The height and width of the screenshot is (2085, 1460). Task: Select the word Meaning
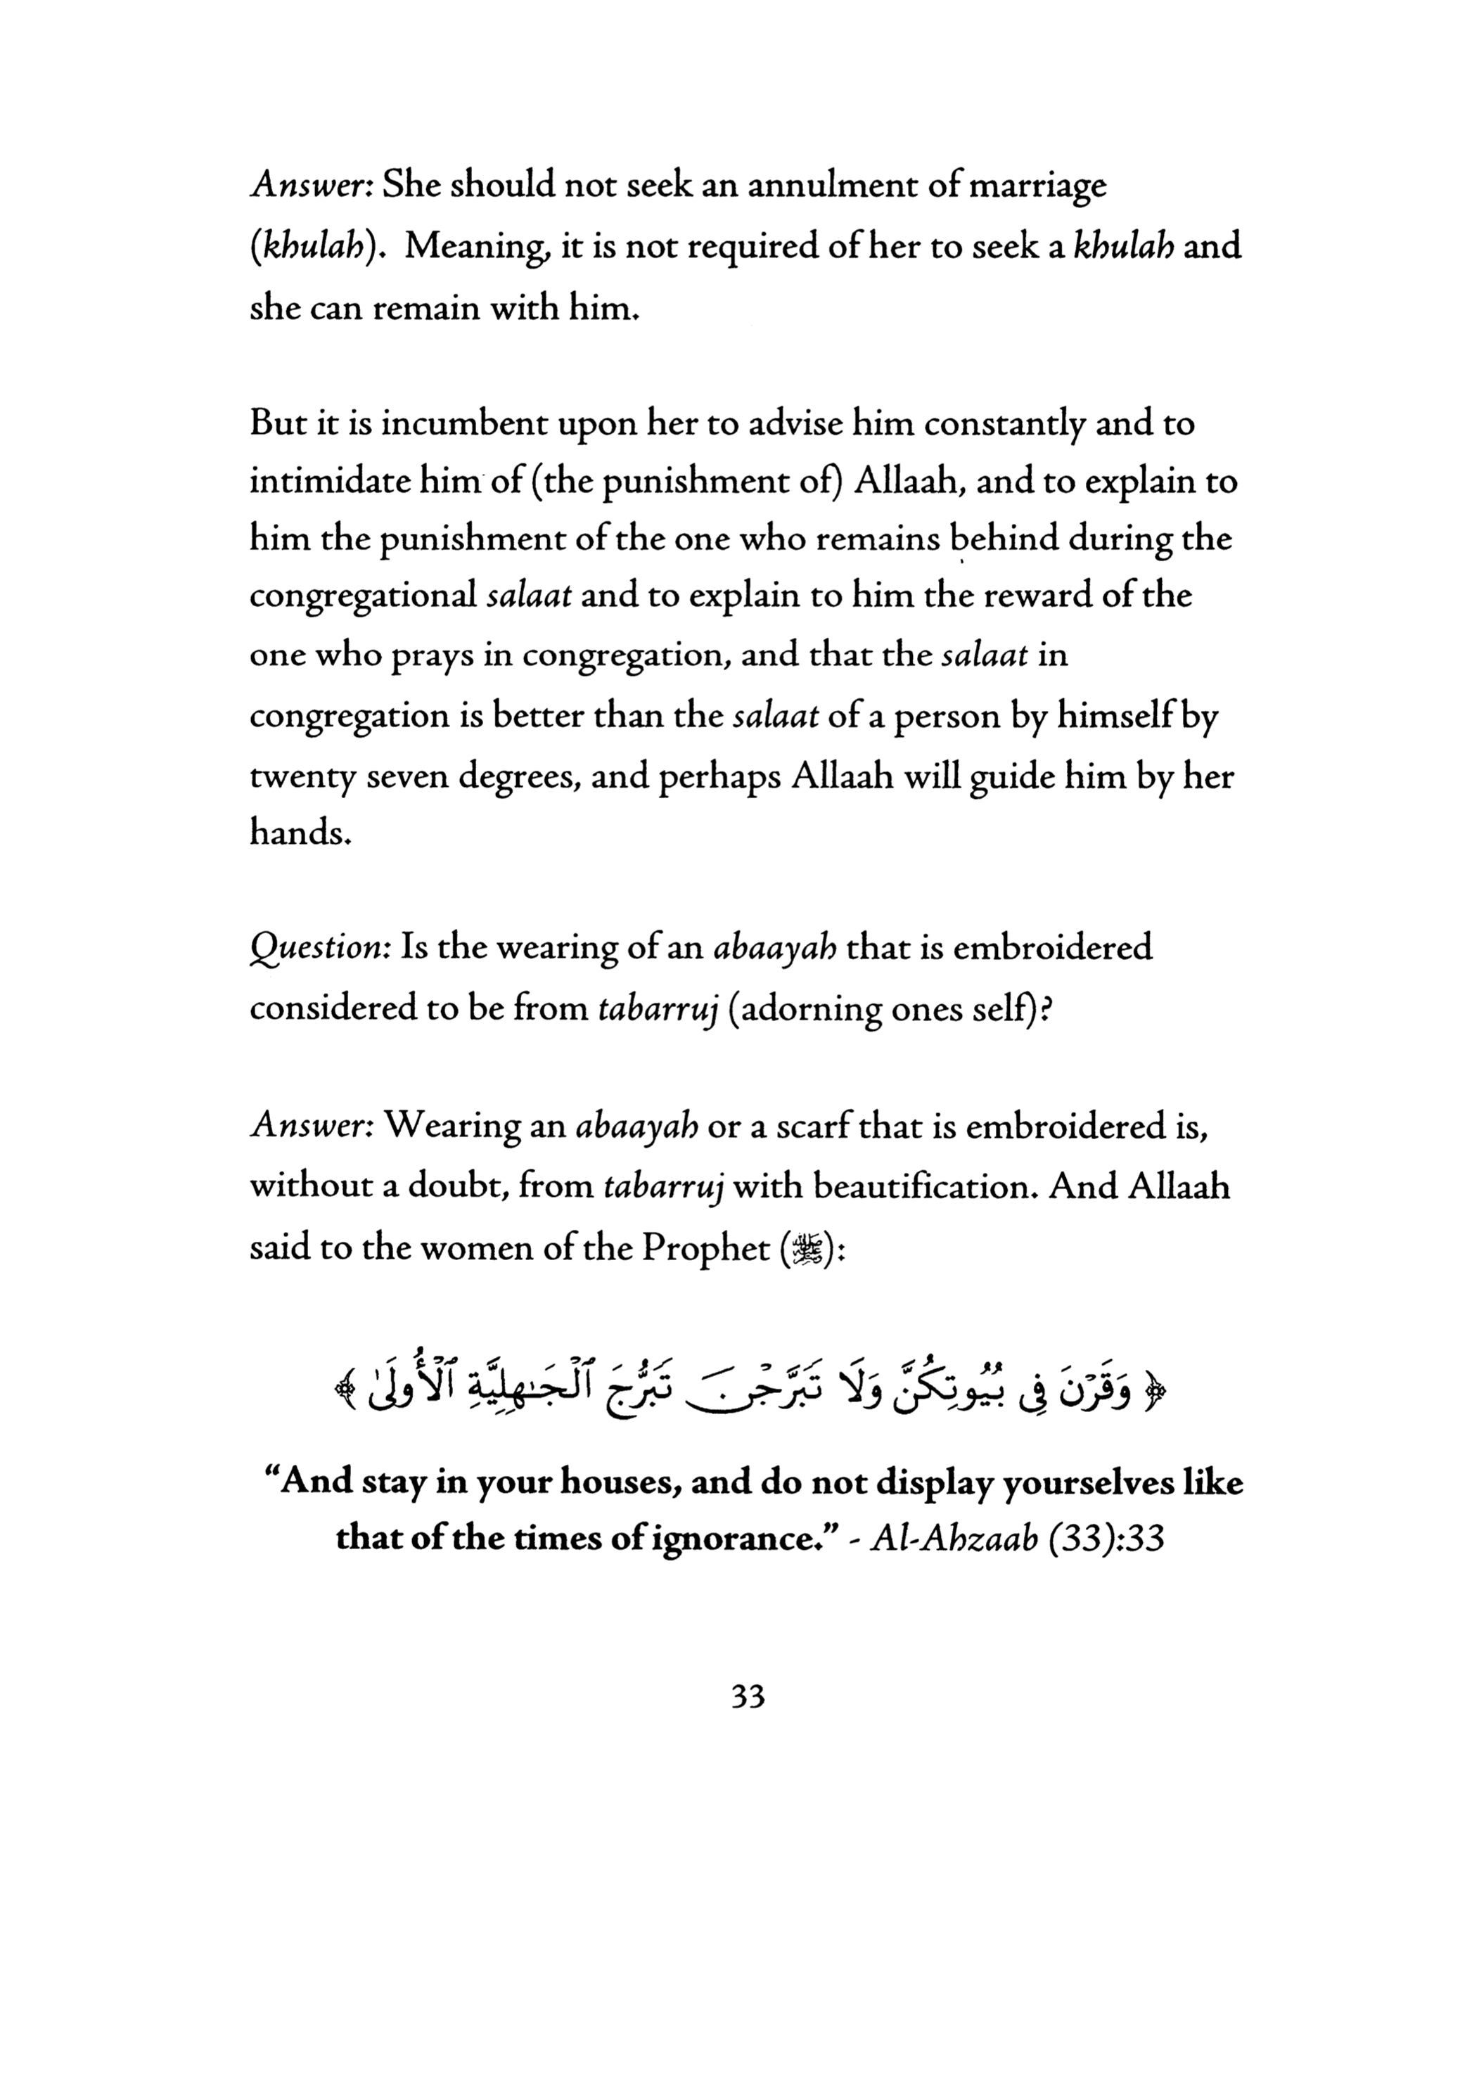pyautogui.click(x=475, y=247)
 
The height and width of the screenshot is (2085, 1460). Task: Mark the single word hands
pyautogui.click(x=299, y=833)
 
